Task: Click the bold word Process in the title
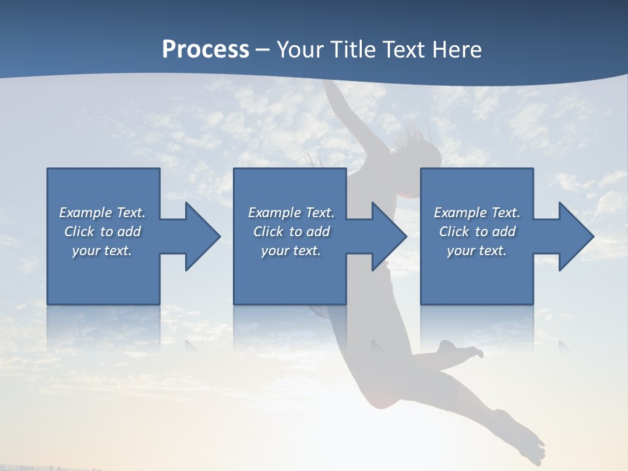pyautogui.click(x=205, y=50)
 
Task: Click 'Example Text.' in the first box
pyautogui.click(x=102, y=213)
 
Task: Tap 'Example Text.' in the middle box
pyautogui.click(x=291, y=213)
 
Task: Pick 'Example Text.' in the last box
pyautogui.click(x=477, y=213)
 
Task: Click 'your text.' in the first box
pyautogui.click(x=102, y=251)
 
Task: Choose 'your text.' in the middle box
pyautogui.click(x=291, y=251)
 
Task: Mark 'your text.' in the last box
pyautogui.click(x=477, y=251)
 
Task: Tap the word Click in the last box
pyautogui.click(x=454, y=232)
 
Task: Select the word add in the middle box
pyautogui.click(x=317, y=232)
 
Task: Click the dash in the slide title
pyautogui.click(x=263, y=50)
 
